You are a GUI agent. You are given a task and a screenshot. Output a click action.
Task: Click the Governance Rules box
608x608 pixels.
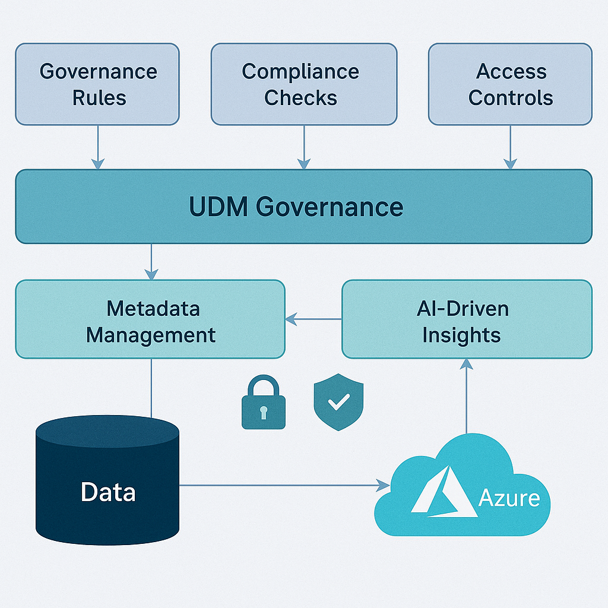pyautogui.click(x=97, y=84)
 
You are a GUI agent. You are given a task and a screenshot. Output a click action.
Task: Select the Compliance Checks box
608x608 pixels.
pyautogui.click(x=303, y=84)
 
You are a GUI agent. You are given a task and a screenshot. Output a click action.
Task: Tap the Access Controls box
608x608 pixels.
pyautogui.click(x=510, y=84)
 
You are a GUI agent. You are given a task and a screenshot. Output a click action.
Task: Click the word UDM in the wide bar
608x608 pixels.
pyautogui.click(x=219, y=207)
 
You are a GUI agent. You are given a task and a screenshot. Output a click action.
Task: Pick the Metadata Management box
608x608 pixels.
pyautogui.click(x=150, y=319)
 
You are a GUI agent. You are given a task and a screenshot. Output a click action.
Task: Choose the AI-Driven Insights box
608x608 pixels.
pyautogui.click(x=467, y=319)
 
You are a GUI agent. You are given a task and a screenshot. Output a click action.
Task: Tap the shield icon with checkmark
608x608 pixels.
pyautogui.click(x=338, y=402)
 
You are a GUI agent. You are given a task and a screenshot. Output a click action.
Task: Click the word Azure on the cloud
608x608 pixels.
pyautogui.click(x=509, y=498)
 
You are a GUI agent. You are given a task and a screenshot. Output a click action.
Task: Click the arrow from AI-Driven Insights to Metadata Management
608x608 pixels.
pyautogui.click(x=313, y=319)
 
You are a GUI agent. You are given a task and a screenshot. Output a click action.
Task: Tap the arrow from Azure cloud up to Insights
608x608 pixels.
pyautogui.click(x=467, y=395)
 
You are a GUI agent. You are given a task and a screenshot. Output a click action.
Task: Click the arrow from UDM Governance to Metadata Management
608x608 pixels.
pyautogui.click(x=151, y=261)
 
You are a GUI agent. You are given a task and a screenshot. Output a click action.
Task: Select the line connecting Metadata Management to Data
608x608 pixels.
pyautogui.click(x=151, y=386)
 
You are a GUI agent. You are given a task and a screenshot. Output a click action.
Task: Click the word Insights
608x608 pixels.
pyautogui.click(x=461, y=335)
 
